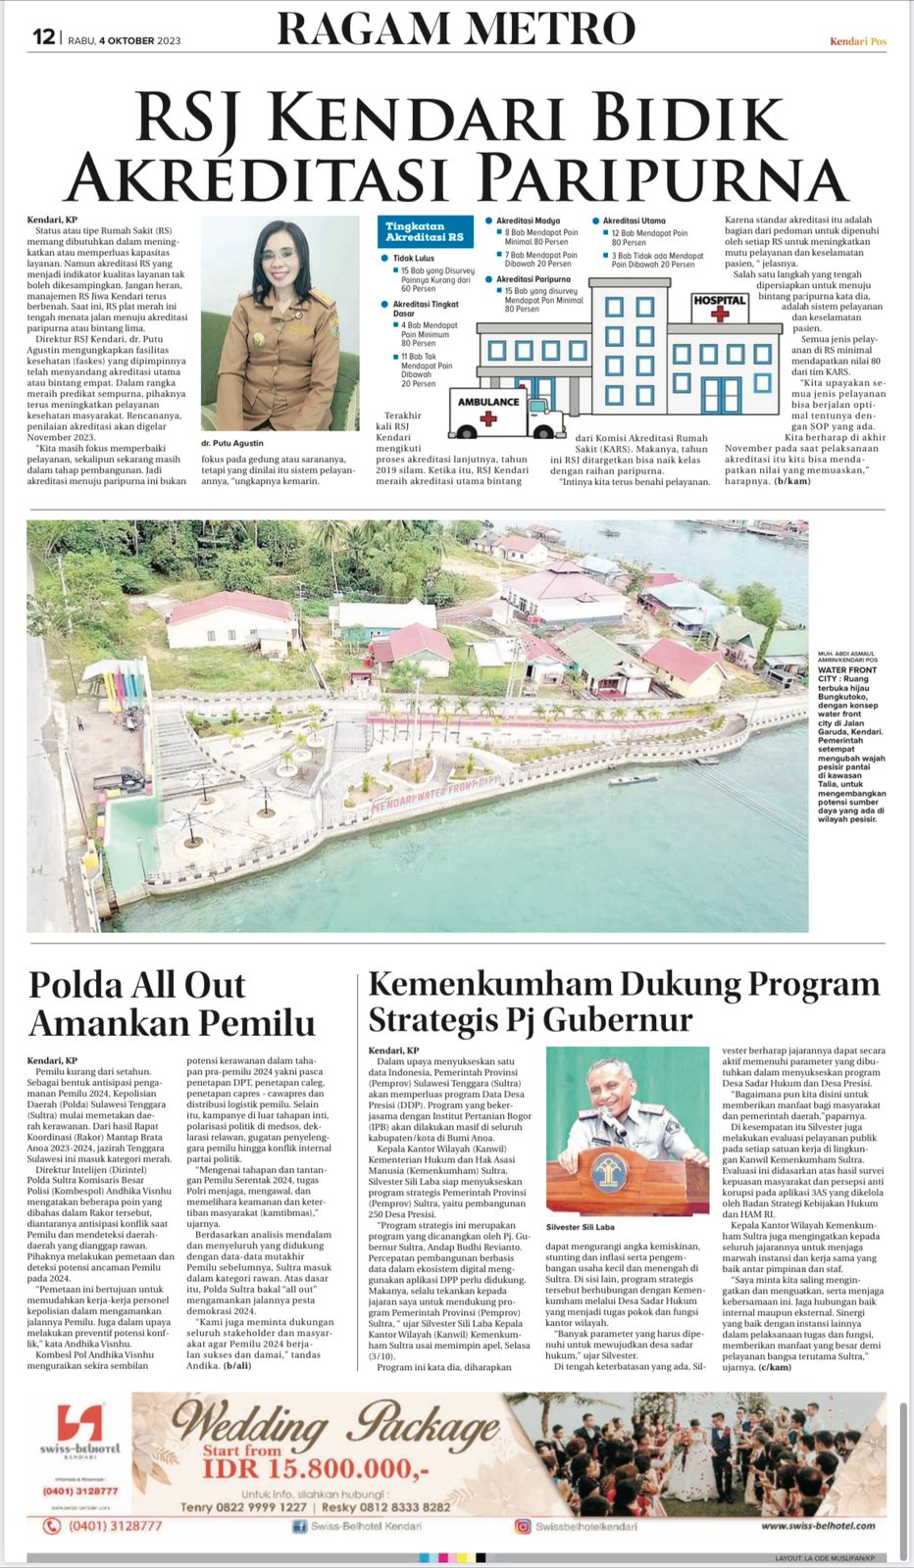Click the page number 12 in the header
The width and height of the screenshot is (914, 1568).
pos(43,37)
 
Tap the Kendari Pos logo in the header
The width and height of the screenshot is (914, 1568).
pos(857,41)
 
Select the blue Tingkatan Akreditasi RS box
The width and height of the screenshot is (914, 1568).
pos(425,231)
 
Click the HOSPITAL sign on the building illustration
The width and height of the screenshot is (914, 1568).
pos(720,301)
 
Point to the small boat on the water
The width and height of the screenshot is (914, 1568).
pos(633,780)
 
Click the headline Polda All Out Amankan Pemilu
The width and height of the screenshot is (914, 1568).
pos(172,1004)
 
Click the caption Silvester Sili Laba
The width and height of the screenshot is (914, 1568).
pos(581,1226)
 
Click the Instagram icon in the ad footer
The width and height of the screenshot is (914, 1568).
pos(524,1526)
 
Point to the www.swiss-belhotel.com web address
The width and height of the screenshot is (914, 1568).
pos(818,1526)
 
